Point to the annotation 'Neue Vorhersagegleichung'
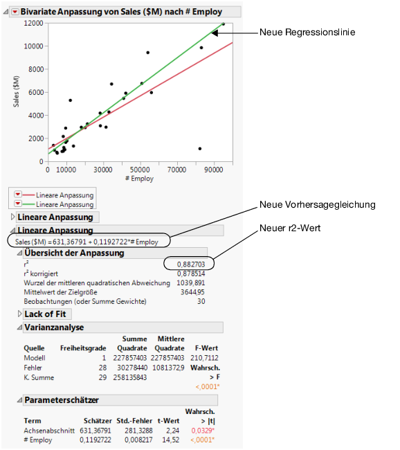(x=317, y=204)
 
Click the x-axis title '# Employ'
(x=139, y=179)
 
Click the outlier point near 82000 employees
(x=200, y=148)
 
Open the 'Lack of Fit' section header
(x=44, y=314)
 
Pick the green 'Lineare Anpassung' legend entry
(x=64, y=204)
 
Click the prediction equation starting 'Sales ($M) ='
(x=87, y=242)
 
